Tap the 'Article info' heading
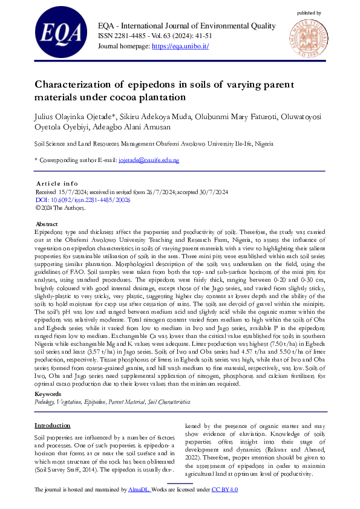pyautogui.click(x=57, y=183)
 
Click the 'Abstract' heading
pyautogui.click(x=48, y=223)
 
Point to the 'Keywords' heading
pyautogui.click(x=49, y=377)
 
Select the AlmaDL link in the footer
pyautogui.click(x=139, y=489)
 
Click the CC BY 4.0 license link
pyautogui.click(x=224, y=489)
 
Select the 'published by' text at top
pyautogui.click(x=309, y=13)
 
